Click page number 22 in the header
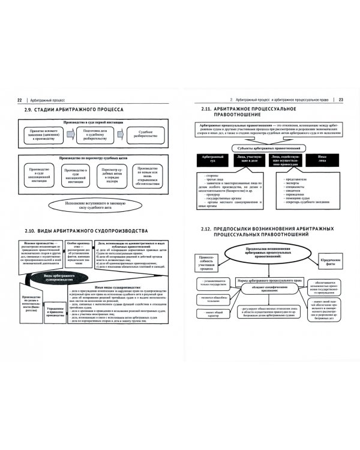(20, 99)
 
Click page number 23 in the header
(340, 99)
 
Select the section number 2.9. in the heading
(32, 111)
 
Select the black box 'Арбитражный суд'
(210, 161)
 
